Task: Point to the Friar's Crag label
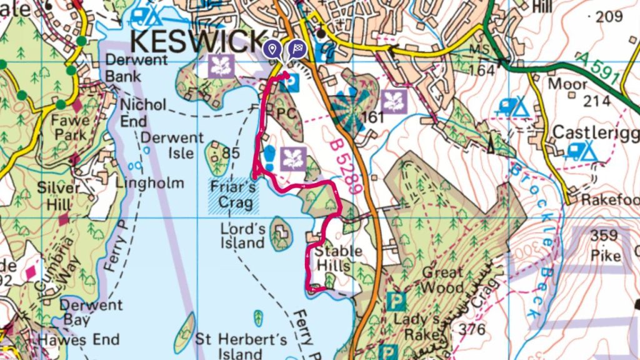(232, 195)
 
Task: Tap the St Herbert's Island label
(241, 347)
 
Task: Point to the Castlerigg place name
(594, 132)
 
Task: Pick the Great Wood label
(442, 280)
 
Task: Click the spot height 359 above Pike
(604, 236)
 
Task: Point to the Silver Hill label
(59, 195)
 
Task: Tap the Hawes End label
(78, 340)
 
